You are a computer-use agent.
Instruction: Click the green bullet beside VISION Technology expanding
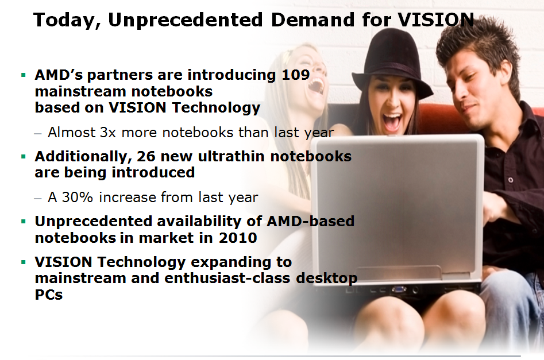pos(24,262)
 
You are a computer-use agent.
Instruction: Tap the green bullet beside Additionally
pos(24,156)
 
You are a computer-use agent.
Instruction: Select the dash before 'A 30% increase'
pos(38,198)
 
